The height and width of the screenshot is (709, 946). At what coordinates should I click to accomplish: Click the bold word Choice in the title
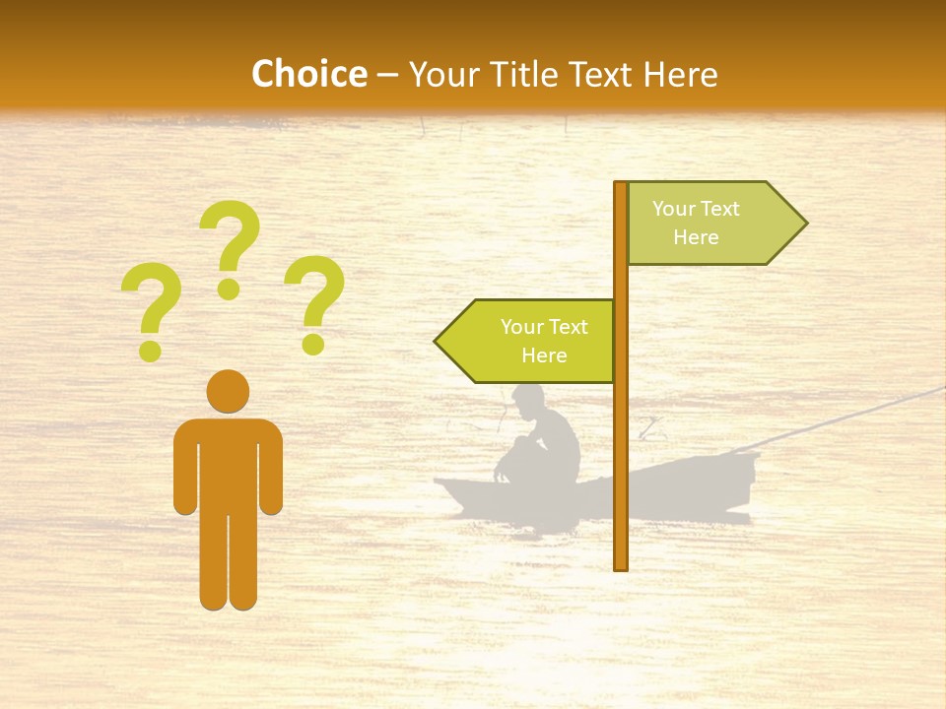point(308,74)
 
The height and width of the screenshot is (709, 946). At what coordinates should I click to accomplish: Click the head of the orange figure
point(228,391)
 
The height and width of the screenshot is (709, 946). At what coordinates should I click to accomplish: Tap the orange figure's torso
point(228,463)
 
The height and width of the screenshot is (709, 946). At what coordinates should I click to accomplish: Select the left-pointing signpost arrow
point(527,341)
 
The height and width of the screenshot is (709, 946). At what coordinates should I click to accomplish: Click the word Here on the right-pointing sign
point(696,237)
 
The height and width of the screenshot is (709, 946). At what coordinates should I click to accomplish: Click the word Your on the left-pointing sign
point(521,327)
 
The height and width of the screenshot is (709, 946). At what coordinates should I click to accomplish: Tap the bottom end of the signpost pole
point(621,565)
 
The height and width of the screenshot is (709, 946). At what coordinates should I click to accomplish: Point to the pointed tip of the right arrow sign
point(805,224)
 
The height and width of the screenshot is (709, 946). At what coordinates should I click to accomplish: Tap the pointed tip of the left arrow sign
point(437,342)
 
